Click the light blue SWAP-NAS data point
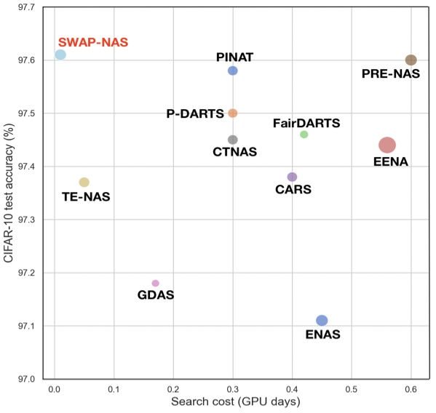click(60, 55)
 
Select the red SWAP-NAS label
click(93, 42)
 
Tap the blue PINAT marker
click(233, 71)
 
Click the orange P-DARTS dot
click(233, 113)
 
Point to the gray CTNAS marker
click(233, 140)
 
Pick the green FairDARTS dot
click(304, 135)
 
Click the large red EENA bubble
click(387, 145)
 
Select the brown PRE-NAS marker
click(411, 60)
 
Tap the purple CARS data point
click(293, 177)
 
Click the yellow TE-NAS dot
click(84, 182)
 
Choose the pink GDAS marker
click(155, 283)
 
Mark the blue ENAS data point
click(322, 321)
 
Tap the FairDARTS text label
click(306, 123)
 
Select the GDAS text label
click(156, 295)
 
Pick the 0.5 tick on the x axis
click(352, 390)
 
